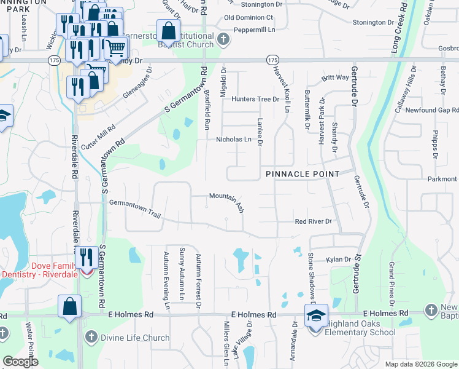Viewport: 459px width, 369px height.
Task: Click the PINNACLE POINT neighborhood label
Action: tap(303, 174)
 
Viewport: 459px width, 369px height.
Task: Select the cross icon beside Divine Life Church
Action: tap(91, 337)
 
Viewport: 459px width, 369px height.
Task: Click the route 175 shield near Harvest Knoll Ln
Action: tap(272, 60)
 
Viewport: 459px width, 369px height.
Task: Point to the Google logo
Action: tap(20, 361)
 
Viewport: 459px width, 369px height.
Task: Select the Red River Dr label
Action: tap(313, 221)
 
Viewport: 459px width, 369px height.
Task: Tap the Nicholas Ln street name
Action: tap(234, 140)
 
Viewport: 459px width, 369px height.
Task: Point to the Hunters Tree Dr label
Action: tap(255, 99)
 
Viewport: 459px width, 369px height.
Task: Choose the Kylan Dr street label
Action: tap(338, 260)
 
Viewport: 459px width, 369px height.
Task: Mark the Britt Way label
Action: tap(334, 77)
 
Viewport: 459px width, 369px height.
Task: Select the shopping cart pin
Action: tap(116, 47)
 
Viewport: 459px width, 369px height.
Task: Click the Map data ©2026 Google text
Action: tap(420, 363)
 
